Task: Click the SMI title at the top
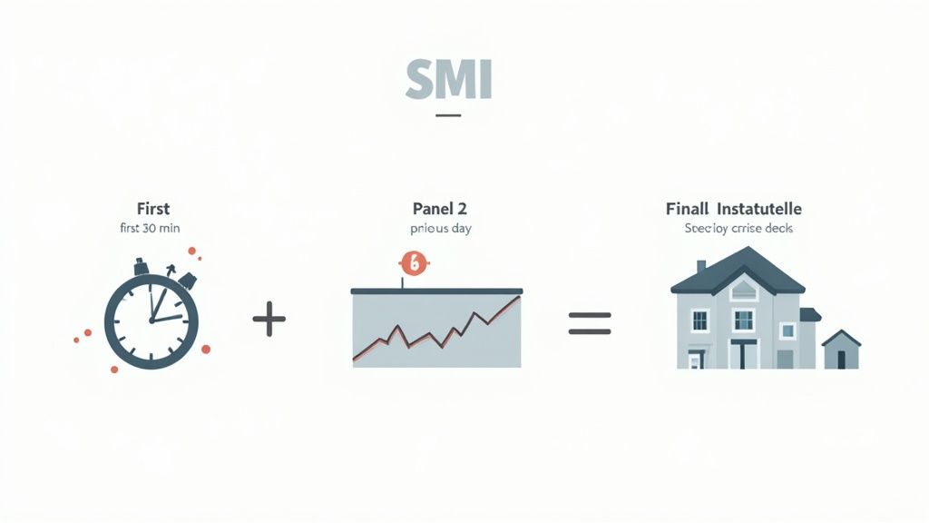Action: pos(448,81)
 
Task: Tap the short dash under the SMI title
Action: pos(448,115)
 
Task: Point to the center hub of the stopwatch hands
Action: pos(151,321)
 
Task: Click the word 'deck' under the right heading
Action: pos(777,228)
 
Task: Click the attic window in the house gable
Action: pos(743,290)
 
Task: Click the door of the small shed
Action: pos(842,359)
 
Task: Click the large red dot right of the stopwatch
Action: pos(206,349)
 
